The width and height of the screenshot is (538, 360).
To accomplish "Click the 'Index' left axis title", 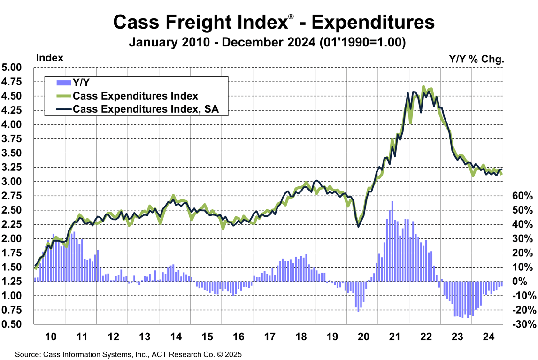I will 50,58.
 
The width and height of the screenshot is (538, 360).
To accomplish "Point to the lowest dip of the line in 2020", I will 359,227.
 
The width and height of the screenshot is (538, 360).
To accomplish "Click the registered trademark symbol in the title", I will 291,17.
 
